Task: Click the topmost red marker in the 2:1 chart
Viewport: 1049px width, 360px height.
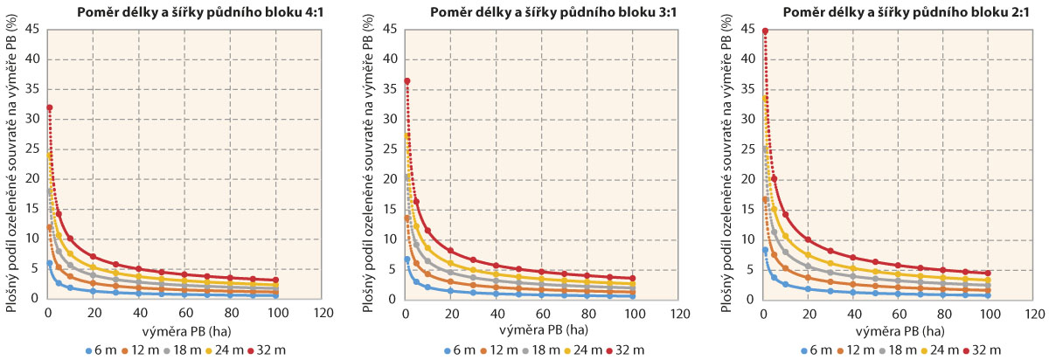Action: click(765, 31)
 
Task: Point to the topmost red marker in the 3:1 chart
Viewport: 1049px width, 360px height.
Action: click(407, 81)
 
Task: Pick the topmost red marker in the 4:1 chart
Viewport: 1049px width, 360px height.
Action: click(50, 107)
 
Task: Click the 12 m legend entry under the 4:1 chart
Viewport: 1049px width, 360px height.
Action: click(140, 350)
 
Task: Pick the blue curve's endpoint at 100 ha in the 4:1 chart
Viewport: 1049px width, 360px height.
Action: click(275, 296)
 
